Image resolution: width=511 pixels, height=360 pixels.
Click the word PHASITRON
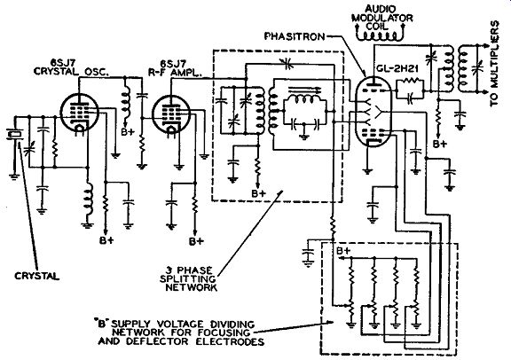[295, 36]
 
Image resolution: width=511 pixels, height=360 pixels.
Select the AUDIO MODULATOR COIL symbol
[380, 34]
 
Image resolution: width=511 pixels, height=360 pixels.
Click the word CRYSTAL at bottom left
[37, 277]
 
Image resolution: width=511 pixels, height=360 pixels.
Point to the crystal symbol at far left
[14, 134]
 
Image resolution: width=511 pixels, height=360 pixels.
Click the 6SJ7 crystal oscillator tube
[79, 113]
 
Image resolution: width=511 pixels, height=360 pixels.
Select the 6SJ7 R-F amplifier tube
[171, 113]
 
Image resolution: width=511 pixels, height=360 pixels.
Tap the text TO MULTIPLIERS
[495, 63]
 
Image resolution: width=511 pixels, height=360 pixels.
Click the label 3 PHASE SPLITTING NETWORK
[188, 279]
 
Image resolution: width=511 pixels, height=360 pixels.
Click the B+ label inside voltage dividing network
[342, 251]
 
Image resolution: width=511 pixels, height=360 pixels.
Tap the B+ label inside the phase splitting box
[258, 193]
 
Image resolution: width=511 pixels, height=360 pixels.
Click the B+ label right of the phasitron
[440, 144]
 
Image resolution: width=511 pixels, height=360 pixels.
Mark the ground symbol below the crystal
[14, 176]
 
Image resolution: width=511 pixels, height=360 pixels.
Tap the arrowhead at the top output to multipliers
[482, 44]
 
